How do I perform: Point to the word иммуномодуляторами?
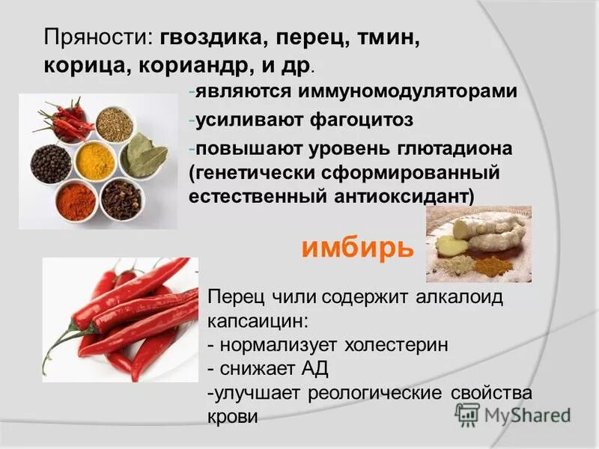[x=407, y=91]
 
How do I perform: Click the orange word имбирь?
[x=357, y=248]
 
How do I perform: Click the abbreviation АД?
[x=313, y=369]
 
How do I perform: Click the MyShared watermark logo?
[x=513, y=415]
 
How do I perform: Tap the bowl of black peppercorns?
[x=51, y=164]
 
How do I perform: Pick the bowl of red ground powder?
[x=76, y=201]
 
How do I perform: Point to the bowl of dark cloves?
[x=121, y=199]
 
